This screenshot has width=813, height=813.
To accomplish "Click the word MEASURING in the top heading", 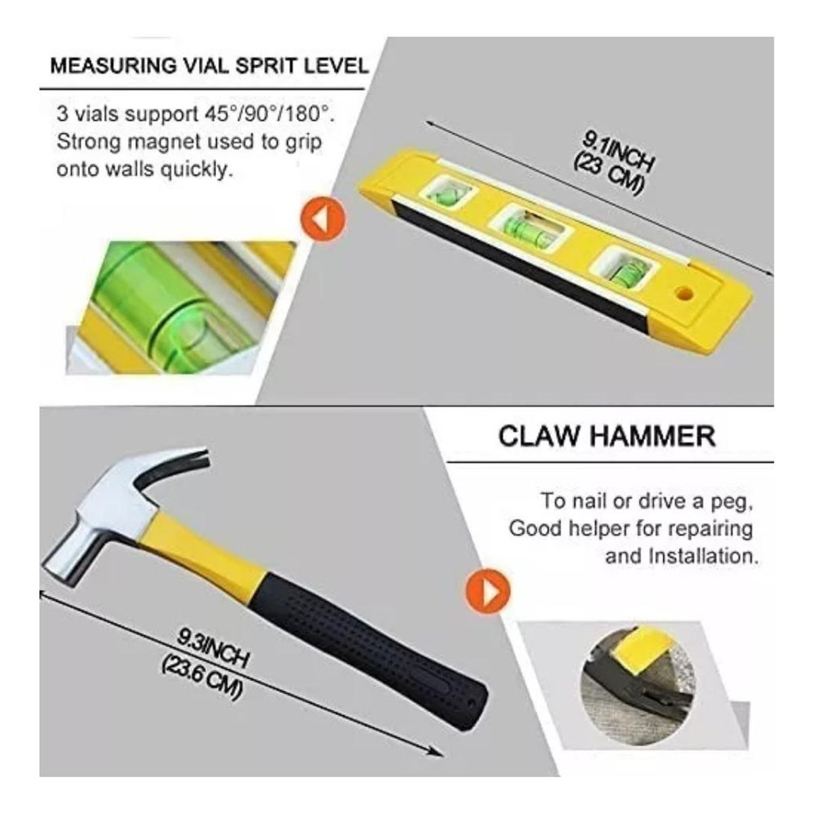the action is [x=114, y=66].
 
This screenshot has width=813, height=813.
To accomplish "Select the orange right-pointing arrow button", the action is [x=488, y=591].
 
